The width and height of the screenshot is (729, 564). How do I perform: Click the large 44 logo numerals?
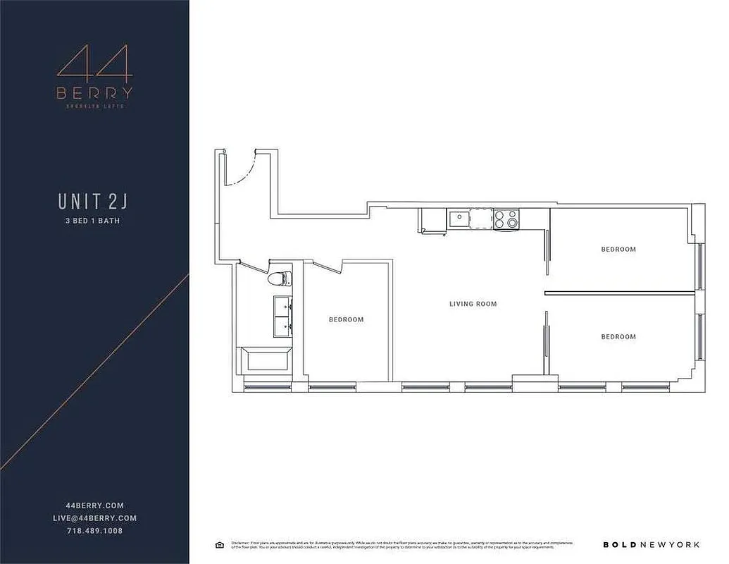click(x=94, y=63)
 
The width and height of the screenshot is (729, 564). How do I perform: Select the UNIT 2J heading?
click(x=94, y=201)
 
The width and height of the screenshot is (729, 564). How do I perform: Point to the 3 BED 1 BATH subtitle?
click(x=94, y=221)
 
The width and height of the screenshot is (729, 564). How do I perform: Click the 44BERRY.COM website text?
click(x=94, y=505)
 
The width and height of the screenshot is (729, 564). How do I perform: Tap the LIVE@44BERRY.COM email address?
click(x=94, y=518)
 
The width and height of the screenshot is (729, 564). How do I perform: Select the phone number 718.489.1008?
click(x=94, y=530)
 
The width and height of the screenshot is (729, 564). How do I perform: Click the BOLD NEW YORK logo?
click(x=652, y=544)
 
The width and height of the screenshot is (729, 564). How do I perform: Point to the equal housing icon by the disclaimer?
click(x=220, y=544)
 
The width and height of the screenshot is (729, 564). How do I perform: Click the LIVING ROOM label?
click(x=473, y=305)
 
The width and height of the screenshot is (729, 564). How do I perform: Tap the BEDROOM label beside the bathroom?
click(x=346, y=320)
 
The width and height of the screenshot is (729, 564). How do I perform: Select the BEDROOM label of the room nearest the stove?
click(x=618, y=250)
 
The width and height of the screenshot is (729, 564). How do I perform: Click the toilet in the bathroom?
click(x=279, y=278)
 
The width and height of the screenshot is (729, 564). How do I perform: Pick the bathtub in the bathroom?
click(x=266, y=361)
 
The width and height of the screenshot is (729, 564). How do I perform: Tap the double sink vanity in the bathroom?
click(x=282, y=316)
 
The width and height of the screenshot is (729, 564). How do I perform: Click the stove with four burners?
click(x=506, y=219)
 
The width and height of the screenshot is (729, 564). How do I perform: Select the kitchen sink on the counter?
click(x=457, y=219)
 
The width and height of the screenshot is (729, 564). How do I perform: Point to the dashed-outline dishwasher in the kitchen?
click(x=480, y=219)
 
